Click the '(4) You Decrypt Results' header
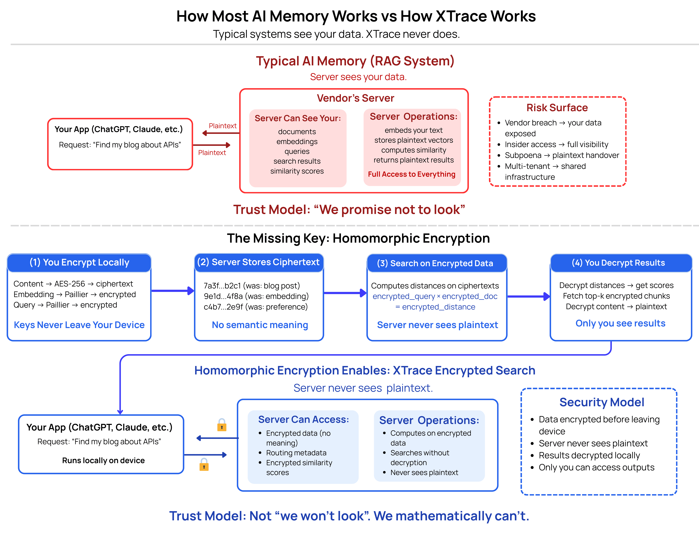[618, 263]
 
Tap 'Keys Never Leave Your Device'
[79, 325]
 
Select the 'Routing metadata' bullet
[296, 453]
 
